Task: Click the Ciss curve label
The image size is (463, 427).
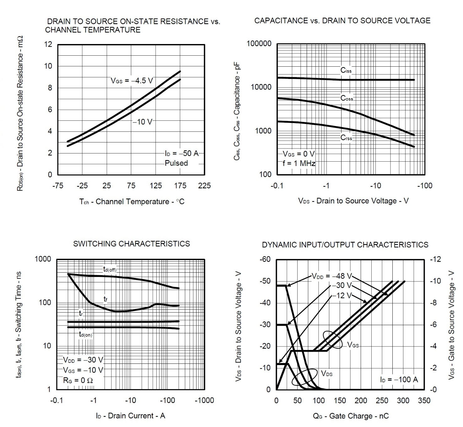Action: tap(346, 70)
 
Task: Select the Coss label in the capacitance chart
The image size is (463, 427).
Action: tap(347, 98)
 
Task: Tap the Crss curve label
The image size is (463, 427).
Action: tap(346, 138)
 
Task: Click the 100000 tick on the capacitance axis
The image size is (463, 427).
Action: tap(259, 44)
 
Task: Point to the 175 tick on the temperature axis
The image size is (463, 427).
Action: tap(180, 186)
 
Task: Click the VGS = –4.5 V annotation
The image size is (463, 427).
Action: tap(132, 81)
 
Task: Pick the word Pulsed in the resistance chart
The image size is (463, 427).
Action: tap(176, 163)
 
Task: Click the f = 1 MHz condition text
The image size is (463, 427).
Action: tap(299, 164)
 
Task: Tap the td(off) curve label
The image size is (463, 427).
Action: tap(110, 269)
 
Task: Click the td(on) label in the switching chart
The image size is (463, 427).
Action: tap(85, 335)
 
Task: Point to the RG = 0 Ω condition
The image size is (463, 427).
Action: tap(78, 380)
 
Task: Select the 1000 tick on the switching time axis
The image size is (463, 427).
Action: tap(43, 259)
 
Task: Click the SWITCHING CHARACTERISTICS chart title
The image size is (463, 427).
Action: tap(131, 244)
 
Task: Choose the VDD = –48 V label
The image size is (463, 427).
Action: tap(332, 276)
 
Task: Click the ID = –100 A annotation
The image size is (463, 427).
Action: tap(399, 380)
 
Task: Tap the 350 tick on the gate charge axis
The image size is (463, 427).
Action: tap(424, 401)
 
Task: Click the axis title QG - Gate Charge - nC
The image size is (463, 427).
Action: tap(350, 416)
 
